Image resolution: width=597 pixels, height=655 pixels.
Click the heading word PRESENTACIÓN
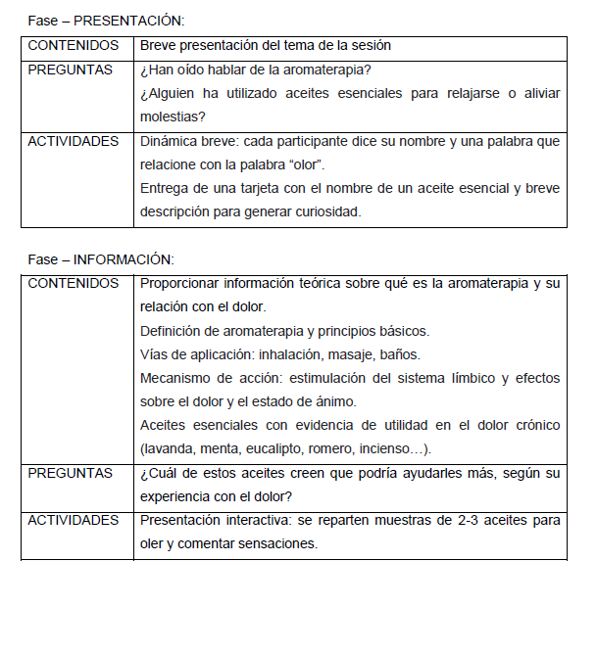pos(127,21)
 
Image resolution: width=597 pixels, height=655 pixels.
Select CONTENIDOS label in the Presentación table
pos(74,46)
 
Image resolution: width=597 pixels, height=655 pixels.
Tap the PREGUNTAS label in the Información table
pos(71,473)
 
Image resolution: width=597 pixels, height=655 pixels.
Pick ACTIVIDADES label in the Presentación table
pos(75,141)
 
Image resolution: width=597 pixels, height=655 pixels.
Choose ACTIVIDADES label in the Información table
pos(75,521)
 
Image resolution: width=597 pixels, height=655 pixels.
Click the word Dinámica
pos(171,141)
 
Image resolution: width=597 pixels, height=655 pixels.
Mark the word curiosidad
pos(317,211)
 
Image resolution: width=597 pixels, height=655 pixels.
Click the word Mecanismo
pos(177,378)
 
